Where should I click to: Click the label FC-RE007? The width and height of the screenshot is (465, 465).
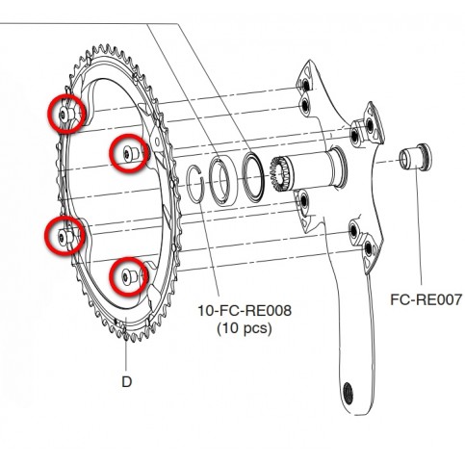point(426,299)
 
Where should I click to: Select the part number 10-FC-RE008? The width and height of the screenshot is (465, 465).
point(245,310)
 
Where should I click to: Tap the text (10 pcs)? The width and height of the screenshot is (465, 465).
point(245,328)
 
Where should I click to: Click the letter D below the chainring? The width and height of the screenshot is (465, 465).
point(127,382)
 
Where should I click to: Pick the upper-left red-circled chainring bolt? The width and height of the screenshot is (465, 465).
point(67,114)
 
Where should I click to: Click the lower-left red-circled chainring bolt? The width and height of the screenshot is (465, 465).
point(65,236)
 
